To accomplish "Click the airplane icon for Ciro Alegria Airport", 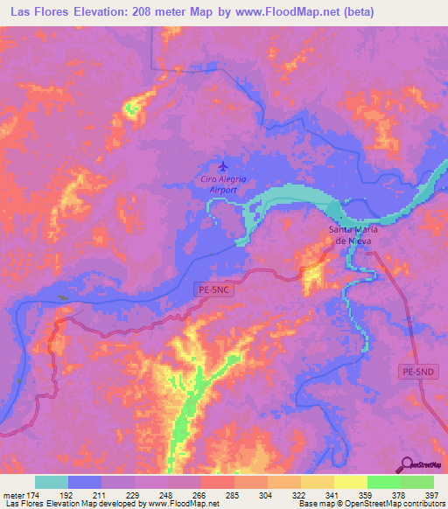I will click(x=225, y=164).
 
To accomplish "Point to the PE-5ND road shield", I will click(x=417, y=373).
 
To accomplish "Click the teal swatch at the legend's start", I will click(x=52, y=482).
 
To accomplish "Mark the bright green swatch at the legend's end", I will click(x=417, y=482).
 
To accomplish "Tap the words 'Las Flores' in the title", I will click(x=38, y=12).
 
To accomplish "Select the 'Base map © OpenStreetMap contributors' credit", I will click(x=367, y=504).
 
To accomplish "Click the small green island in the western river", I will click(x=62, y=298).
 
